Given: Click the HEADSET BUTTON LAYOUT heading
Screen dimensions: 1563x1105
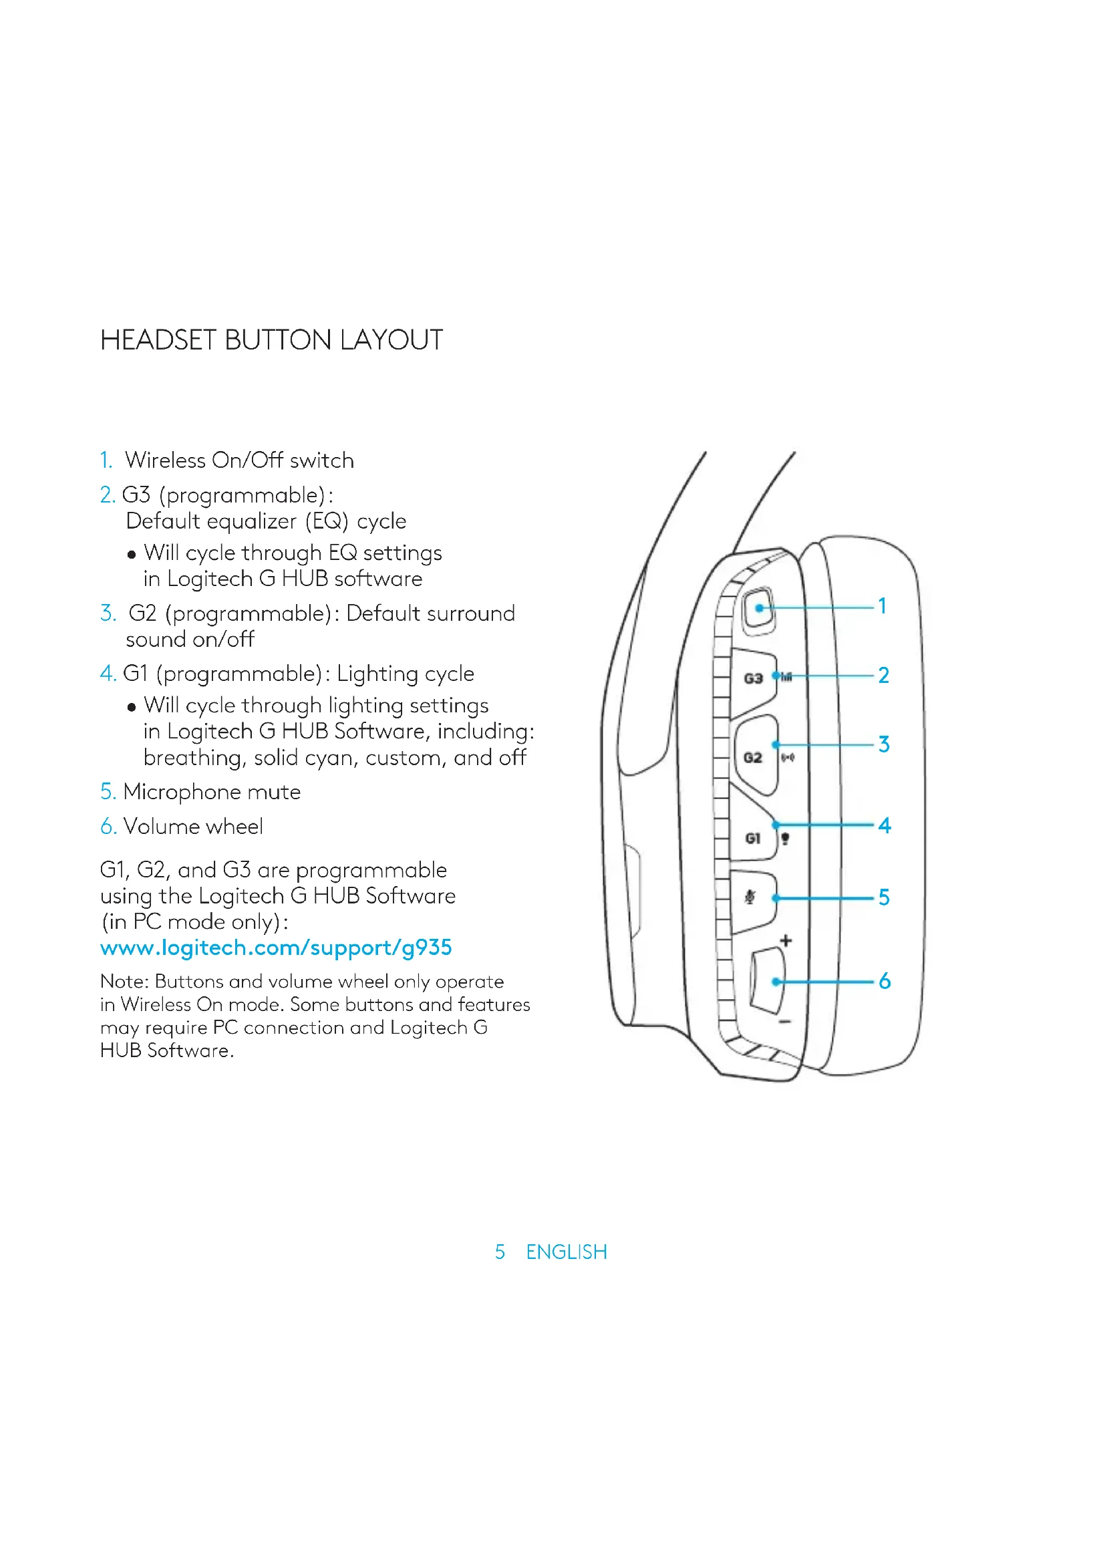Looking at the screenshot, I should tap(271, 339).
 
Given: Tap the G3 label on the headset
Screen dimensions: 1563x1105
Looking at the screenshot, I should tap(752, 678).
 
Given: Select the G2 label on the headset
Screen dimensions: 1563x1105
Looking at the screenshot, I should tap(752, 758).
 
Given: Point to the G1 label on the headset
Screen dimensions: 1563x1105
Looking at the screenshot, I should tap(752, 838).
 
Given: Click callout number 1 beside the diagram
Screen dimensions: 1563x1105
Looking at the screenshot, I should tap(883, 605).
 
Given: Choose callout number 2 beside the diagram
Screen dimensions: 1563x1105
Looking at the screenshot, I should tap(883, 675).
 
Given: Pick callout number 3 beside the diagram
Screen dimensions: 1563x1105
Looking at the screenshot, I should tap(883, 744).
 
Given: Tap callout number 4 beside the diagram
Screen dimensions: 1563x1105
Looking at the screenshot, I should tap(884, 825).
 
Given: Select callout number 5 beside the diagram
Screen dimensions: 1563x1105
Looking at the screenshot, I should tap(884, 897).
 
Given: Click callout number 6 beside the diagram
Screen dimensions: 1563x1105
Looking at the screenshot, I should tap(884, 981).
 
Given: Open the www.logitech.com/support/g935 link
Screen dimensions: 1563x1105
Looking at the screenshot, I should tap(275, 947).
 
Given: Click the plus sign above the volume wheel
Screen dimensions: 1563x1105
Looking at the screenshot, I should tap(786, 941).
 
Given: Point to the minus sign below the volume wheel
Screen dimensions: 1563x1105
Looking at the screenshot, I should tap(784, 1021).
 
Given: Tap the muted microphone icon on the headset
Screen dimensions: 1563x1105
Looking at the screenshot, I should tap(750, 897).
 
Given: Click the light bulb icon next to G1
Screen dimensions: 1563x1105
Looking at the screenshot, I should tap(785, 839).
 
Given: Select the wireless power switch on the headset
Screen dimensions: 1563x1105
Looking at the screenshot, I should tap(759, 608).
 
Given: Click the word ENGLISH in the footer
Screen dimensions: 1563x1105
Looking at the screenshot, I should tap(566, 1251).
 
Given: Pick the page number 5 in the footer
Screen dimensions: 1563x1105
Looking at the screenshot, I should tap(500, 1251).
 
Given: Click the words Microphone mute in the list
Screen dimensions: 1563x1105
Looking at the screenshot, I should tap(212, 792).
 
